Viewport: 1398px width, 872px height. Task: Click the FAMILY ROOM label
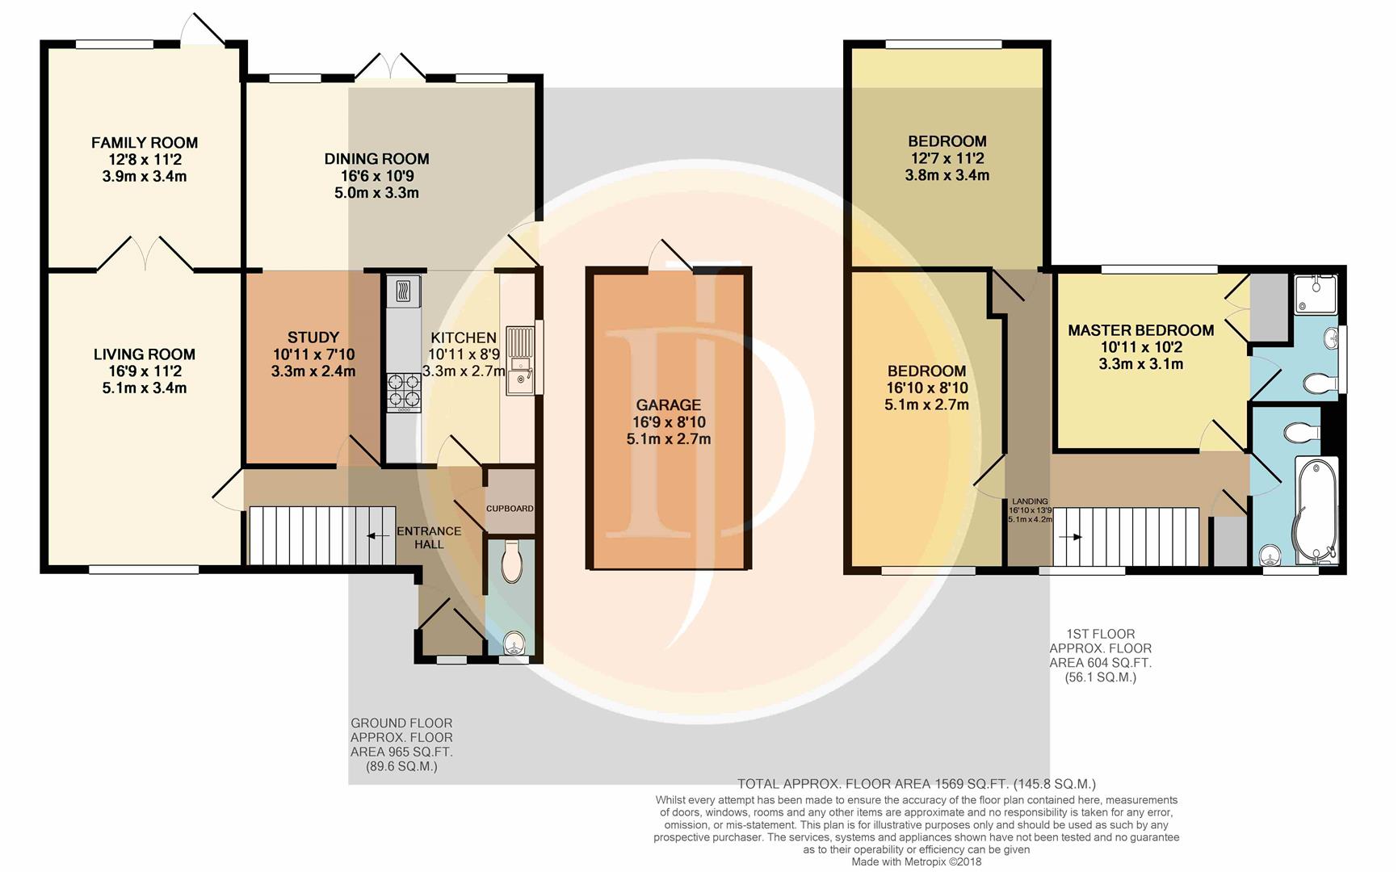click(145, 143)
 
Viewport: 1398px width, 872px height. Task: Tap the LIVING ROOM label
click(145, 354)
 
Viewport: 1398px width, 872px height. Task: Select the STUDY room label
click(313, 337)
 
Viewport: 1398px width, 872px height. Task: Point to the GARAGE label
click(669, 405)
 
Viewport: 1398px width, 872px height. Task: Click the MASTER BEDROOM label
click(1141, 330)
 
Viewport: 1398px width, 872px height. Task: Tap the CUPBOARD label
click(510, 509)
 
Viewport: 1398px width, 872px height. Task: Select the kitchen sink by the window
click(521, 360)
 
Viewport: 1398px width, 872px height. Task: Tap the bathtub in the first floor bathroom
click(1316, 510)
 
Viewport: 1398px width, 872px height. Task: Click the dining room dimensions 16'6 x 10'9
click(377, 176)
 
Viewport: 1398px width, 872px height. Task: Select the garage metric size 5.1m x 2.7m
click(669, 439)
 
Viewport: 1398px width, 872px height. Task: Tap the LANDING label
click(1030, 501)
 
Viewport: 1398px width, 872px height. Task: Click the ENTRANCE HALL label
click(429, 538)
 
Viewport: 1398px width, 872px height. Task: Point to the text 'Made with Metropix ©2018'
click(917, 862)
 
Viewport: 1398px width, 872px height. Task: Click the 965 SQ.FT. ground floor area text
click(401, 752)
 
